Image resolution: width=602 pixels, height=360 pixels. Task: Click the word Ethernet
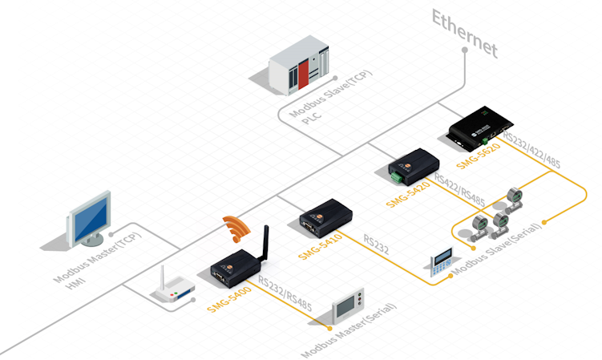pos(464,34)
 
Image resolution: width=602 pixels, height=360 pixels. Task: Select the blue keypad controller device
pos(442,263)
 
